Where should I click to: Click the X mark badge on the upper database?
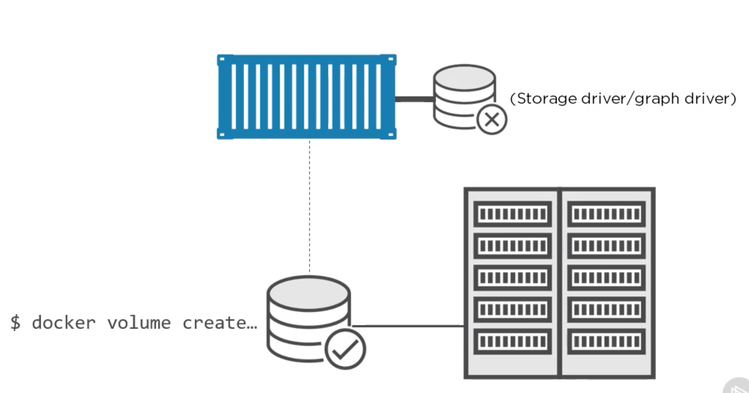point(492,119)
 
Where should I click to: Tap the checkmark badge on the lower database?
point(345,349)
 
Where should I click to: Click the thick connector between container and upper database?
point(414,99)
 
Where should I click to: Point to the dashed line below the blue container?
point(309,206)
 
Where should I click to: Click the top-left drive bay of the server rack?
point(512,214)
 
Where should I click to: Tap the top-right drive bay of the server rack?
point(606,214)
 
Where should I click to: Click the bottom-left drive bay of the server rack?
point(512,341)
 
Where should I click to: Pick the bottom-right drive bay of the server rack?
point(606,341)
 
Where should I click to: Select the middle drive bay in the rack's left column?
point(512,278)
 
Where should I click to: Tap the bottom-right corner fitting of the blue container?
point(391,134)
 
